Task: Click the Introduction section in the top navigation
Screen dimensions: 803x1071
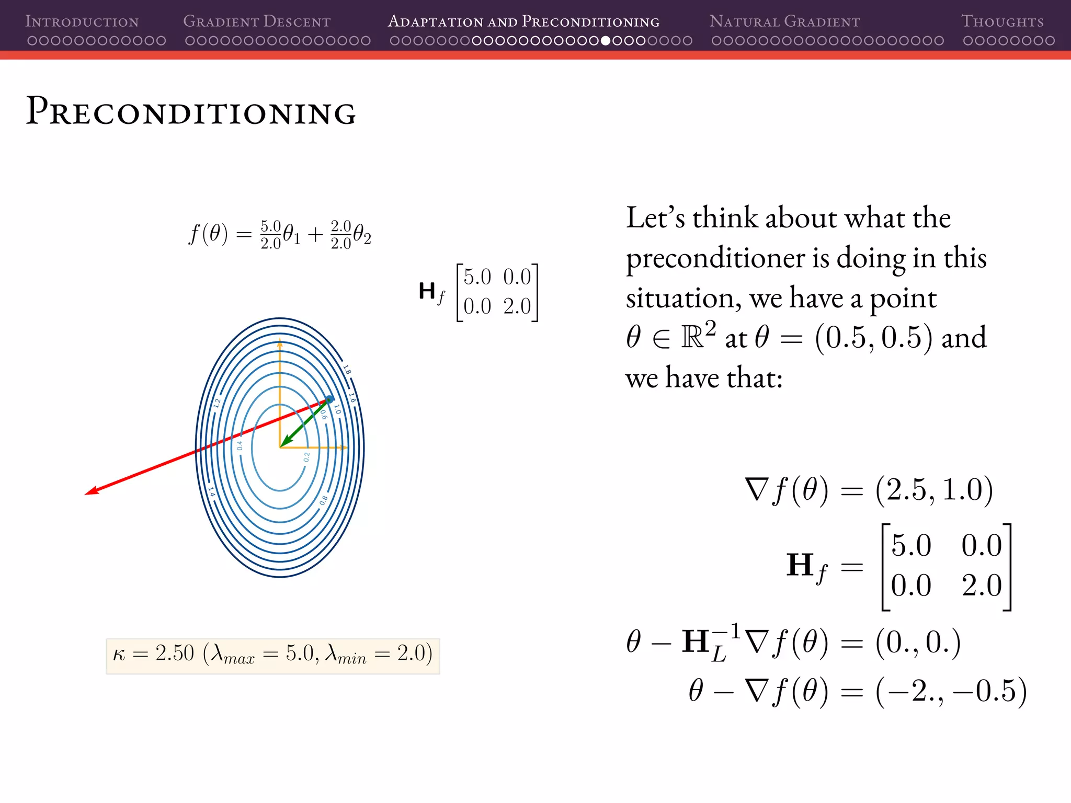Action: (x=82, y=21)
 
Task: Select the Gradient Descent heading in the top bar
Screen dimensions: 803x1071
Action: (x=257, y=21)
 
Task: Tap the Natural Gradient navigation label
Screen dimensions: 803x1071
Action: (x=784, y=21)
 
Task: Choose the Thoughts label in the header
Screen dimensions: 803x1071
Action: (x=1002, y=21)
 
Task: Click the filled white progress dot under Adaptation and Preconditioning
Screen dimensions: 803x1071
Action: (x=606, y=40)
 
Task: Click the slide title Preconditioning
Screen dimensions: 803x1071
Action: (x=191, y=112)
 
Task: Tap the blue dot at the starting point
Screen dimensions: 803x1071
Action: (x=329, y=399)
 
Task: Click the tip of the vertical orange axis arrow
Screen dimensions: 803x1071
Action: (x=280, y=341)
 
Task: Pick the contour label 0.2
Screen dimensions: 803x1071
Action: (x=306, y=457)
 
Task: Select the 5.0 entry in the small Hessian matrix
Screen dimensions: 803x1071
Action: (x=477, y=277)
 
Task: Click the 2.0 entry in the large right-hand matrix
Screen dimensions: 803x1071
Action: (x=982, y=586)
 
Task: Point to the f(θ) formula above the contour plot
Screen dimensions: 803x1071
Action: (x=280, y=234)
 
